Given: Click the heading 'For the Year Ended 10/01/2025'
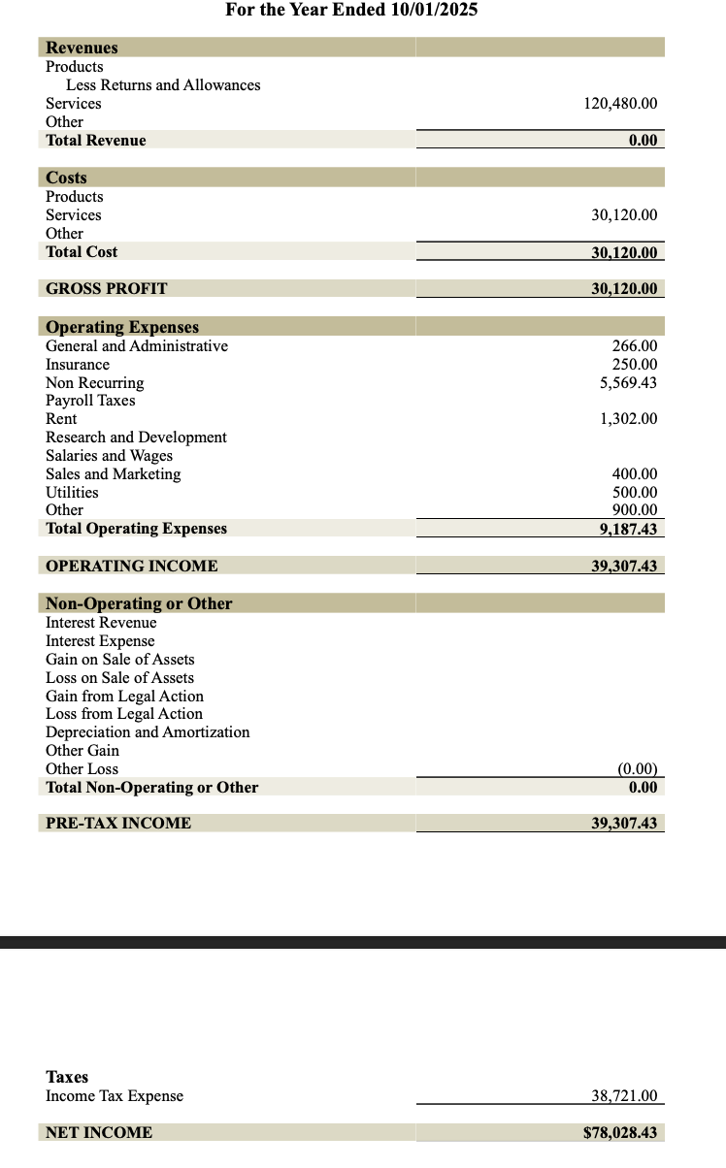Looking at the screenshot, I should tap(351, 11).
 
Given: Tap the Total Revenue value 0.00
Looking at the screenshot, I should tap(643, 141).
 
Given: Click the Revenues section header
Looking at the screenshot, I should tap(82, 48).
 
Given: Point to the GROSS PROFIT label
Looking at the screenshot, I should tap(106, 288).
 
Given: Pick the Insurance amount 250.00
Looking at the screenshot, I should tap(634, 365).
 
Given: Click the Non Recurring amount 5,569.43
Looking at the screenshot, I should tap(628, 383).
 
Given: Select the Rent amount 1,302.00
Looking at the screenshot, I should tap(628, 419).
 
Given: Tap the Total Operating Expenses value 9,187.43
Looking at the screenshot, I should tap(628, 529).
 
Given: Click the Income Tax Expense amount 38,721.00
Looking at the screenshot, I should tap(624, 1096).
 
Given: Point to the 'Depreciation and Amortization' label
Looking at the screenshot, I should tap(148, 732).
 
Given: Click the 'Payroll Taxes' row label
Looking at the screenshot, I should tap(90, 401).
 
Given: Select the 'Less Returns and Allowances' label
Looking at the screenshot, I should tap(163, 85).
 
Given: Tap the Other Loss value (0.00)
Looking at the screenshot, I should tap(637, 769).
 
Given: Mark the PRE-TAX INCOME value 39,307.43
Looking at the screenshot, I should tap(624, 824).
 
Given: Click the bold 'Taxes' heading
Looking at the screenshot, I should tap(67, 1077).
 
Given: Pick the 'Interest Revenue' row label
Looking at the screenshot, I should tap(101, 623).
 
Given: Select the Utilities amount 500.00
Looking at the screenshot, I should tap(634, 493).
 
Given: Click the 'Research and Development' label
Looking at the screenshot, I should tap(136, 438).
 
